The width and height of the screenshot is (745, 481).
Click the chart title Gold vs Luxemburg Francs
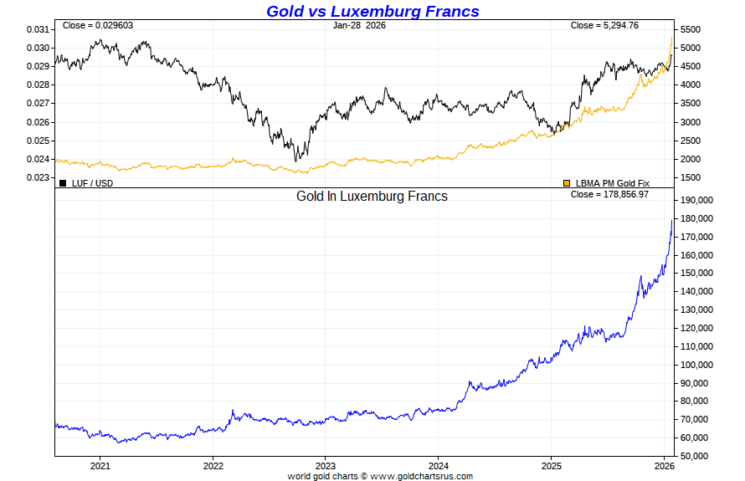372,11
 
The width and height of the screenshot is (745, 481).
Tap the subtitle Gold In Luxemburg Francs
372,197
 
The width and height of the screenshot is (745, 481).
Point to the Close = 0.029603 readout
97,25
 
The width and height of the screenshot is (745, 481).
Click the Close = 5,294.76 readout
604,25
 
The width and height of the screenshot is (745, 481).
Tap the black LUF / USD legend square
63,183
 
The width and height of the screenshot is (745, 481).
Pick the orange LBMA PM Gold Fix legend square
567,183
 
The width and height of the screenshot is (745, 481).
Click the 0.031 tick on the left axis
38,29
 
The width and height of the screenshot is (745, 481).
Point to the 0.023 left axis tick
38,177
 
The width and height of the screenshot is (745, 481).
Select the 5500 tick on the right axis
691,29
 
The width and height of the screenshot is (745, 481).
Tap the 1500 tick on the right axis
691,177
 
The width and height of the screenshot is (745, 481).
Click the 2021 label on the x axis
100,465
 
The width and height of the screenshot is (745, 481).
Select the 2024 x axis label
439,465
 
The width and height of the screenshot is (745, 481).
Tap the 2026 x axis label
664,465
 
